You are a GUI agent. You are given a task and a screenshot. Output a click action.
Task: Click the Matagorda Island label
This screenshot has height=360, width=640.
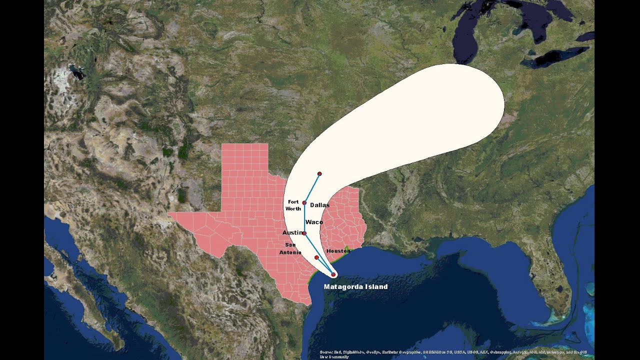pos(355,287)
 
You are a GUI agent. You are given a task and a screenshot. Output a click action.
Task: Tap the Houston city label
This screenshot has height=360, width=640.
pos(337,250)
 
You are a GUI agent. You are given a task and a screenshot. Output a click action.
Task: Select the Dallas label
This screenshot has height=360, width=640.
pos(320,205)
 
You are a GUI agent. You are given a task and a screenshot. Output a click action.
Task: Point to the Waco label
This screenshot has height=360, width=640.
pos(314,222)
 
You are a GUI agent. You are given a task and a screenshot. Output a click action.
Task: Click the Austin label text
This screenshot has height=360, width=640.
pos(291,233)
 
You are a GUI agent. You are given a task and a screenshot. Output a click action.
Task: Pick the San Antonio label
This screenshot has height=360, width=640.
pos(290,248)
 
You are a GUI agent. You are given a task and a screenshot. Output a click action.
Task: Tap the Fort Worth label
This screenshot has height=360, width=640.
pos(293,205)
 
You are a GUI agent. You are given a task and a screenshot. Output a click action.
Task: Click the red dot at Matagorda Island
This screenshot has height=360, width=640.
pos(333,274)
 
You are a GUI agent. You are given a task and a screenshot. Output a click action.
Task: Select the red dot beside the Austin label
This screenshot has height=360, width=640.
pos(304,233)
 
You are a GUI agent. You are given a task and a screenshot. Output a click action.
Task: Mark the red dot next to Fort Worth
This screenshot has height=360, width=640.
pos(304,202)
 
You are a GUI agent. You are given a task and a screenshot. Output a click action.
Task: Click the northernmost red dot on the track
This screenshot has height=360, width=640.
pos(319,173)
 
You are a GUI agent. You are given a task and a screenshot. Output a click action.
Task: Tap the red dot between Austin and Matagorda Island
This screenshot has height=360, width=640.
pos(316,257)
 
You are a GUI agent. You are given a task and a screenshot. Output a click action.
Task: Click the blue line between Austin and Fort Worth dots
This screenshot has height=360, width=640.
pos(304,218)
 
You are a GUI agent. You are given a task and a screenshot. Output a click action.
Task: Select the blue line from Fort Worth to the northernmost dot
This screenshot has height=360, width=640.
pos(311,188)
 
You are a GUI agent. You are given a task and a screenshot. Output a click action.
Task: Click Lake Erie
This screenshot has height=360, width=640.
pos(555,56)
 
